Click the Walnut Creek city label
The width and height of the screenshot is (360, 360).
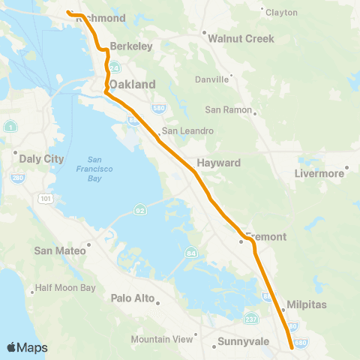coord(241,38)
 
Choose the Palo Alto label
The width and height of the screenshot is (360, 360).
coord(132,298)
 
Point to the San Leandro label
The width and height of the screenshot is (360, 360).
coord(188,130)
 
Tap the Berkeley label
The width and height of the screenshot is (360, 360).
coord(131,46)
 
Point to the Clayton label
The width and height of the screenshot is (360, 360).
coord(282,13)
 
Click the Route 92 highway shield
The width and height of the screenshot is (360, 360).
coord(139,207)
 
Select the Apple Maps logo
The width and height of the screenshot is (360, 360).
coord(27,347)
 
